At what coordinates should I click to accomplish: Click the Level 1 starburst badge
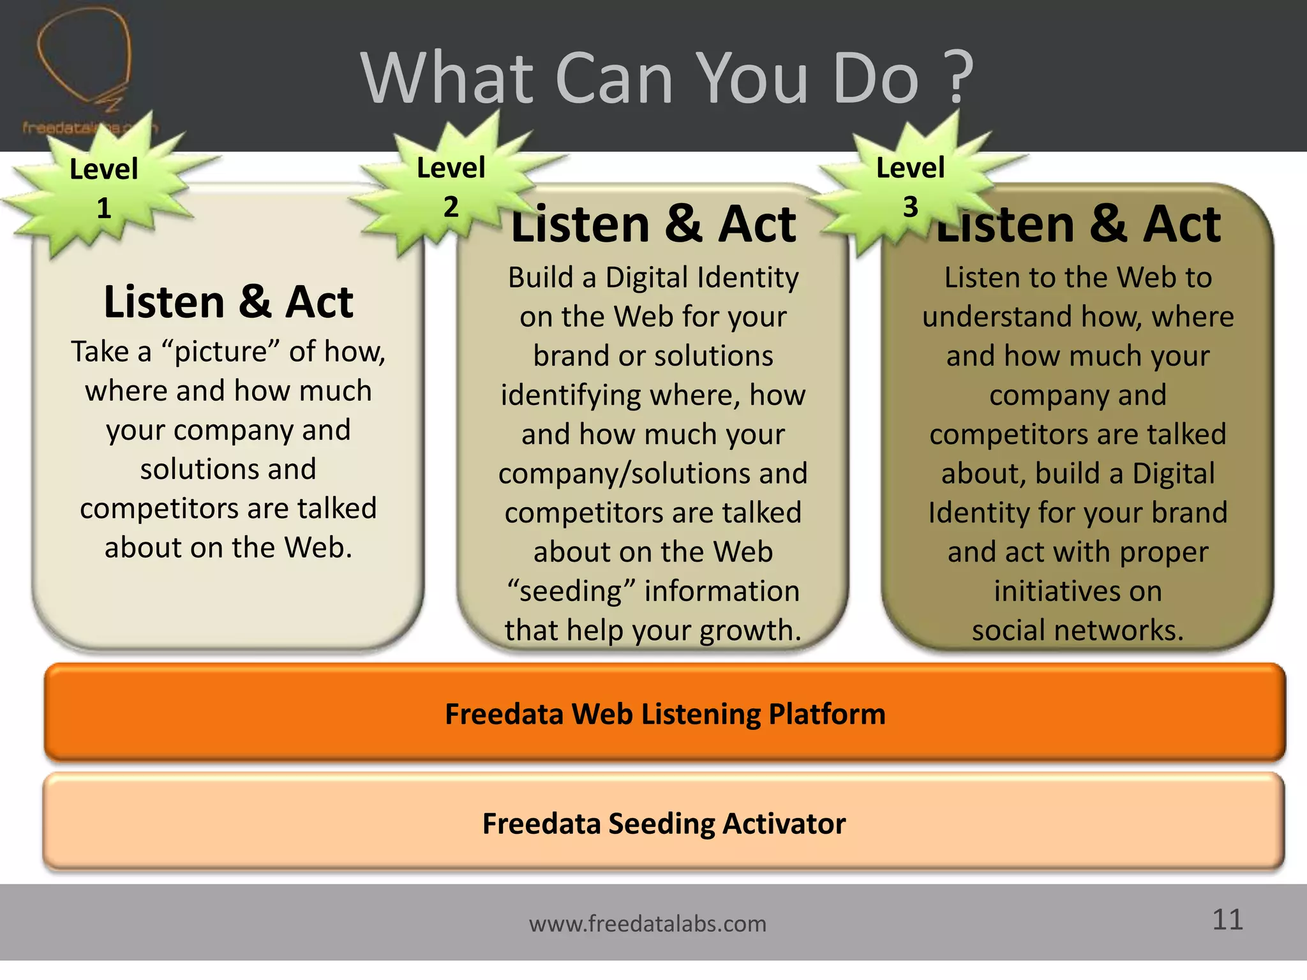(x=104, y=189)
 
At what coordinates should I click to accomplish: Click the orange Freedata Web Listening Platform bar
(x=664, y=713)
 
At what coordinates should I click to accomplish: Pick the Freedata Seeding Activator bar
(x=664, y=823)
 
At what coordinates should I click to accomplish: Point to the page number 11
(x=1227, y=919)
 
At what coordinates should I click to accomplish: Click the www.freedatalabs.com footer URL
(x=647, y=923)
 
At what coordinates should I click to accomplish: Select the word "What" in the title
(x=447, y=78)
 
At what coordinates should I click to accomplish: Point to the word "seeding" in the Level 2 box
(x=571, y=591)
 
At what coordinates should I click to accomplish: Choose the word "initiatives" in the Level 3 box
(x=1078, y=591)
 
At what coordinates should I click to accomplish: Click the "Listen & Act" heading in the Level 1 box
(x=228, y=302)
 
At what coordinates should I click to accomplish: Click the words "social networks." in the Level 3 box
(x=1078, y=630)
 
